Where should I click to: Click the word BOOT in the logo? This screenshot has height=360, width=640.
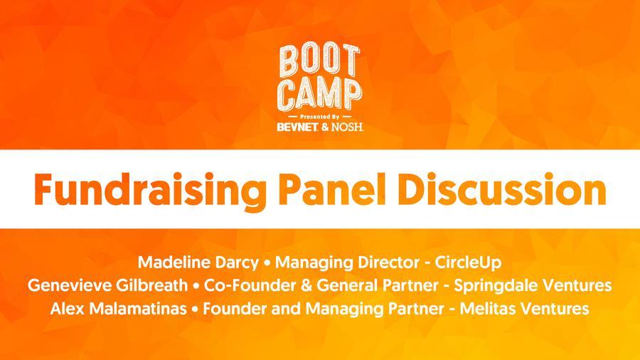pos(319,61)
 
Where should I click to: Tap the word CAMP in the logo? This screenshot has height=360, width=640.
pos(319,95)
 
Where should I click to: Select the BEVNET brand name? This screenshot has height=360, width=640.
pos(297,127)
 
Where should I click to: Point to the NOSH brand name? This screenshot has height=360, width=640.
pos(347,127)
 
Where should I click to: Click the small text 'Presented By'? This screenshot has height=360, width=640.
pos(319,117)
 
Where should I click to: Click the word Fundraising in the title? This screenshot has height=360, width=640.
pos(150,191)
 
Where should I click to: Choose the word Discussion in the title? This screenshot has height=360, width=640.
pos(506,189)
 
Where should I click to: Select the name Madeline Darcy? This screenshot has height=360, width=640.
pos(198,262)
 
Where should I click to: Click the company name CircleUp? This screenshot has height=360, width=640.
pos(468,262)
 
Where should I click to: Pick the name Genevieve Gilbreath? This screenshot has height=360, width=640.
pos(108,285)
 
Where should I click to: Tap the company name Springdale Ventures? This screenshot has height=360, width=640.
pos(533,285)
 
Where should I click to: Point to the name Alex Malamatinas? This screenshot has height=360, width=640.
pos(118,308)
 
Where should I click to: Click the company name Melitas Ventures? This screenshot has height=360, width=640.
pos(524,308)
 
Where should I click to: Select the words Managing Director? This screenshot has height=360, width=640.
pos(347,263)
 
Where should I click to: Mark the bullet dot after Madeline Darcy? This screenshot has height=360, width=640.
pos(267,263)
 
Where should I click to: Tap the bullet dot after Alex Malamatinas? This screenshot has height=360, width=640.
pos(195,309)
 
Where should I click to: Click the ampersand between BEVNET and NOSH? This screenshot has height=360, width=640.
pos(325,127)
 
